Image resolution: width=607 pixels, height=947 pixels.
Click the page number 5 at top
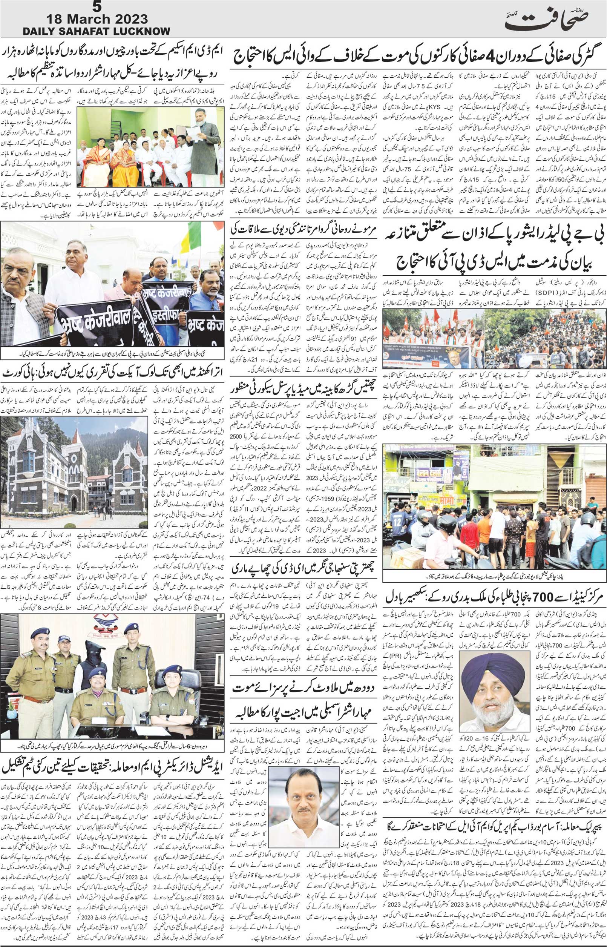pos(96,7)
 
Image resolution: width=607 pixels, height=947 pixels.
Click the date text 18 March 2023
pos(97,19)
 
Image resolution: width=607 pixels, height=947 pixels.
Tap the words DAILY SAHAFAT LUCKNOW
pos(96,32)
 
